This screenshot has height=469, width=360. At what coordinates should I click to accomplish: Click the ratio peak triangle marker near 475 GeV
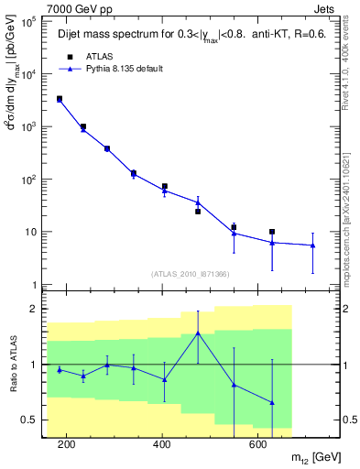(x=198, y=333)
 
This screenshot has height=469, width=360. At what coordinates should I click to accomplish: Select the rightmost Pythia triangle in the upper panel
(x=312, y=245)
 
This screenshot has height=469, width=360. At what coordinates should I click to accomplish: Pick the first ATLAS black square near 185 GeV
(x=60, y=99)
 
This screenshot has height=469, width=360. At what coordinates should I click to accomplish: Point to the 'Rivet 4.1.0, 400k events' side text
(x=352, y=60)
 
